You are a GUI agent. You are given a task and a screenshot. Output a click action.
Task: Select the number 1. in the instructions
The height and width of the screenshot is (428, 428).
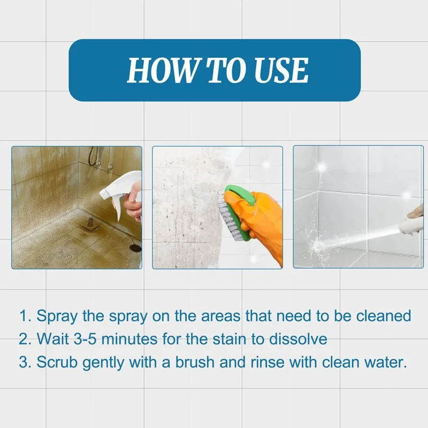[x=25, y=316]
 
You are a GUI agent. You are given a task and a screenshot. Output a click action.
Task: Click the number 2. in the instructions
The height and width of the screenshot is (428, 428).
[x=25, y=339]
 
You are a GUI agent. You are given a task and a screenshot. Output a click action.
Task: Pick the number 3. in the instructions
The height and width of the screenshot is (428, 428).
[x=25, y=362]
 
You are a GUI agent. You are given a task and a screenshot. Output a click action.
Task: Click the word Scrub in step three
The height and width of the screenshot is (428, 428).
[x=55, y=362]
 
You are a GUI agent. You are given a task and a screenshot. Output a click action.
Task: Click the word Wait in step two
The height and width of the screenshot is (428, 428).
[x=53, y=339]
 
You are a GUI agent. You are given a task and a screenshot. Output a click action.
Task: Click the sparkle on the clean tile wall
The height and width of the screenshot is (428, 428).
[x=322, y=167]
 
